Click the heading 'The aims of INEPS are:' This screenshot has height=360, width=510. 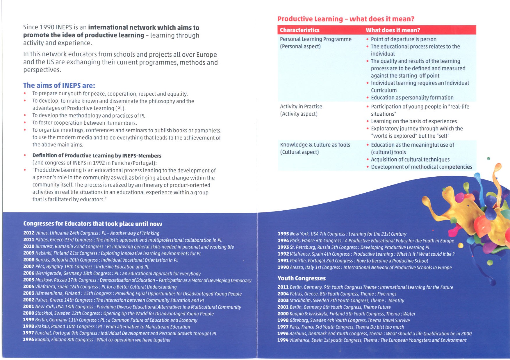click(x=59, y=85)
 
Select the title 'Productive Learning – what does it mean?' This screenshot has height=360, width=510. click(x=346, y=19)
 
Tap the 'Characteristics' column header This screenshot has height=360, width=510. click(x=299, y=30)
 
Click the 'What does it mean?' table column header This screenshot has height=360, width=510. click(x=393, y=30)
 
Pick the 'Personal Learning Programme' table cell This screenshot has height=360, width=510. click(x=315, y=39)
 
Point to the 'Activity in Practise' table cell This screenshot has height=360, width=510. click(x=301, y=107)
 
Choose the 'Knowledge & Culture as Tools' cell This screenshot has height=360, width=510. click(x=315, y=145)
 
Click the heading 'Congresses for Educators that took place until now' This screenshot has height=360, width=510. click(x=92, y=224)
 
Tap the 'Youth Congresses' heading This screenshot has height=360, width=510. click(x=302, y=278)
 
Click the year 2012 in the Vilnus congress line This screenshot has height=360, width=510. click(x=29, y=233)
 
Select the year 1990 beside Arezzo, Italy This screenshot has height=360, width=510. click(x=283, y=267)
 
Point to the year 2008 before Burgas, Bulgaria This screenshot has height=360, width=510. click(x=29, y=260)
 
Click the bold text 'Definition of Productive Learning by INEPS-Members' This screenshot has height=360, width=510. click(x=97, y=155)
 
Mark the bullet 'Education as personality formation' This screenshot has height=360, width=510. click(x=412, y=98)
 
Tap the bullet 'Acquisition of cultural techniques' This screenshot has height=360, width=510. click(x=410, y=160)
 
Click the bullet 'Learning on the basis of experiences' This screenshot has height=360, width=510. click(x=414, y=121)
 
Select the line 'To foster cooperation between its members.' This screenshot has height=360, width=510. click(x=84, y=123)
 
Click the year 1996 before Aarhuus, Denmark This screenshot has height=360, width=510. click(x=283, y=334)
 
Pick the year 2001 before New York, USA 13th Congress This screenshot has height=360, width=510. click(x=28, y=307)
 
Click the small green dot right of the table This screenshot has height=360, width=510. click(x=488, y=159)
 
